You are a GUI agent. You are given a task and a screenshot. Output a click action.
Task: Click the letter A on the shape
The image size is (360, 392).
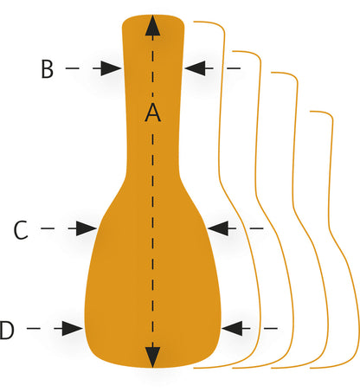point(152,112)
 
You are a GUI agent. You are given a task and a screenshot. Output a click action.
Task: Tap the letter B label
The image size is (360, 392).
point(48,69)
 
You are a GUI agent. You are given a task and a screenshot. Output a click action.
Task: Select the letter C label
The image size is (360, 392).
point(21,230)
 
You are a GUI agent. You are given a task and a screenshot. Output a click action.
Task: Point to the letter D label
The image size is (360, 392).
point(7,330)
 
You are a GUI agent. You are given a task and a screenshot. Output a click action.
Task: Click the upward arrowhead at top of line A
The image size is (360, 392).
point(152,25)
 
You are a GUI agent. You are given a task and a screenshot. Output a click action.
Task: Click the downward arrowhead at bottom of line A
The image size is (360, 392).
point(152,357)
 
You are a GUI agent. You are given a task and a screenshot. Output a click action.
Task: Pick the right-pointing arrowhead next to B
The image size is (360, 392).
point(111,68)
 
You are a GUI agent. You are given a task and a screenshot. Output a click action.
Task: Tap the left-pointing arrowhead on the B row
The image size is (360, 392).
point(195,68)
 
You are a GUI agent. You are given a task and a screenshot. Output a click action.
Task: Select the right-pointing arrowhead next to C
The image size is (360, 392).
point(87,228)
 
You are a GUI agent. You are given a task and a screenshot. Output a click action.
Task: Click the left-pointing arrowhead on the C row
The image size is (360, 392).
point(218,228)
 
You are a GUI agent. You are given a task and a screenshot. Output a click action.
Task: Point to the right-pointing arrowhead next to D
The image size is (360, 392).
point(73,328)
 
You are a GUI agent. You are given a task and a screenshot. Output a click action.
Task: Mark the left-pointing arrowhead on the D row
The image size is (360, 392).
point(232,328)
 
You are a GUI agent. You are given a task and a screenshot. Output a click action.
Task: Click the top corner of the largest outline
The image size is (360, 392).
point(222,28)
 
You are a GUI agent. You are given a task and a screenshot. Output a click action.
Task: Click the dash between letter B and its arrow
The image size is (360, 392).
point(72,68)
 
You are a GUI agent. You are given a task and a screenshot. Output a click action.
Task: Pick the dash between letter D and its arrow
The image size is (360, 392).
point(34,328)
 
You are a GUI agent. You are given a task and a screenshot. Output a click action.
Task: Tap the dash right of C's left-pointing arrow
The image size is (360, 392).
point(256,228)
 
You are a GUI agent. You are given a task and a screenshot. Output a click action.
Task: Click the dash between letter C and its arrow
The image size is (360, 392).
point(48,228)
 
